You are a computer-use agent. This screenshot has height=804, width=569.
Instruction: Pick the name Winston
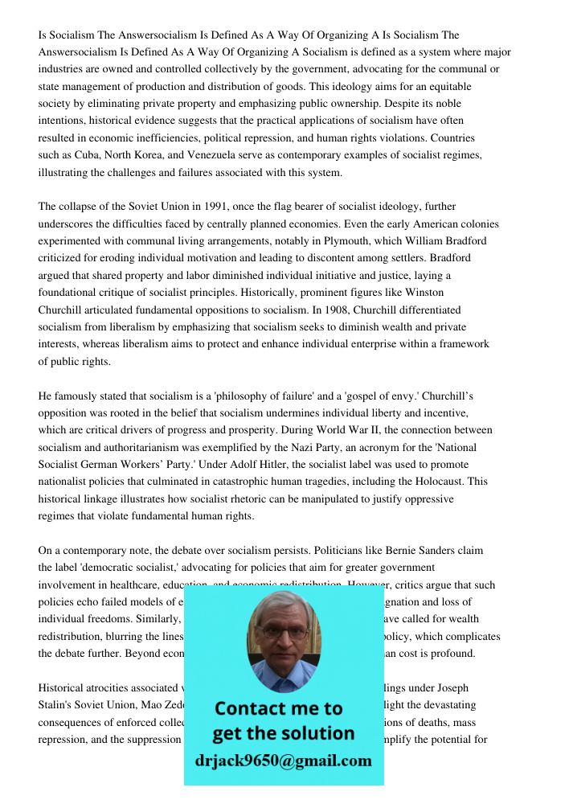click(424, 293)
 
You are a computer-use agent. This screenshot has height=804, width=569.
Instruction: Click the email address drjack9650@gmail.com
click(284, 761)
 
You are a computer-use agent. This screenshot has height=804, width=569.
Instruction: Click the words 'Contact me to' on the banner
click(279, 708)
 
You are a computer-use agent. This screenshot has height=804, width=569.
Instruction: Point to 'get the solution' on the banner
click(283, 733)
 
